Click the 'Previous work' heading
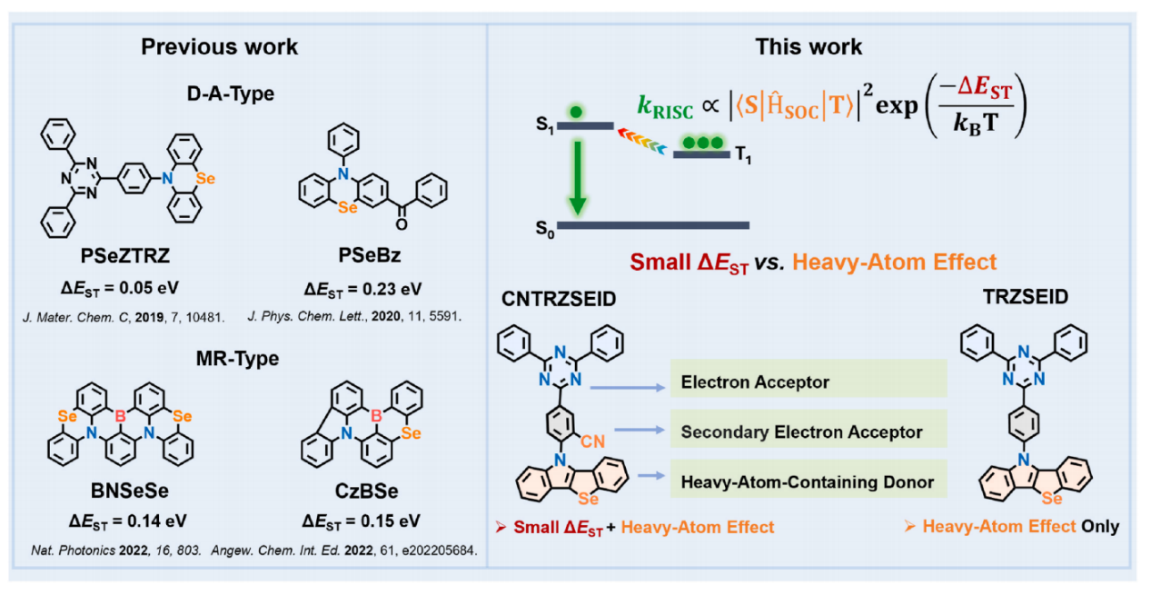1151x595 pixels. (x=219, y=46)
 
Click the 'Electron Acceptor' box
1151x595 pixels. (x=808, y=382)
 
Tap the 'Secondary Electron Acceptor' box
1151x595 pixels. (x=808, y=432)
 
